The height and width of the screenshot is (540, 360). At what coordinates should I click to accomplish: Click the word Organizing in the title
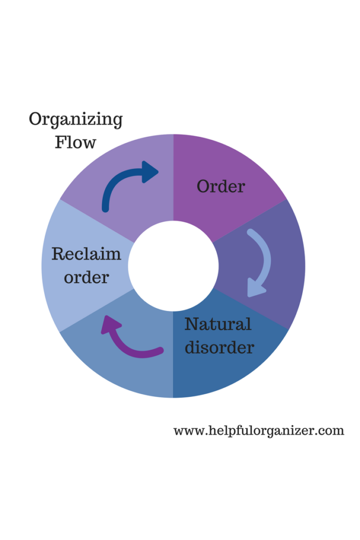(75, 120)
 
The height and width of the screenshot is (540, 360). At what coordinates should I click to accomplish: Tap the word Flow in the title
(75, 142)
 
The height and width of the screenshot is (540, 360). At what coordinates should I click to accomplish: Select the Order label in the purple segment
(221, 186)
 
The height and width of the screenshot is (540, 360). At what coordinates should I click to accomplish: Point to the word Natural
(217, 325)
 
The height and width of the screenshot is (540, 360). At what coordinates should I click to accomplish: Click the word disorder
(219, 347)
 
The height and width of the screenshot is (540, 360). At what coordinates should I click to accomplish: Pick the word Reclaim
(86, 254)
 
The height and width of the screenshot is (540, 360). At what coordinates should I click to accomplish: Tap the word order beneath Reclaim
(86, 277)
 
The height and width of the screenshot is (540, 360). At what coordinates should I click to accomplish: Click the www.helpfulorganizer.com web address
(258, 431)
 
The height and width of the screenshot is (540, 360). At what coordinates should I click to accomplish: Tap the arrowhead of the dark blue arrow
(150, 172)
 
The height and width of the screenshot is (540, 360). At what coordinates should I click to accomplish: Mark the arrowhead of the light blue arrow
(255, 289)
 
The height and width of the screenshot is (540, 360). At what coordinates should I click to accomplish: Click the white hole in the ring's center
(173, 266)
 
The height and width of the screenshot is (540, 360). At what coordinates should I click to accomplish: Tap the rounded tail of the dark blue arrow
(105, 208)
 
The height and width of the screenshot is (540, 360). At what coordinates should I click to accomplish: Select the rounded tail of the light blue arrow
(250, 233)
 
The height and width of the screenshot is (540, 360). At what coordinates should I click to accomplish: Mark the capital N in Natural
(192, 324)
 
